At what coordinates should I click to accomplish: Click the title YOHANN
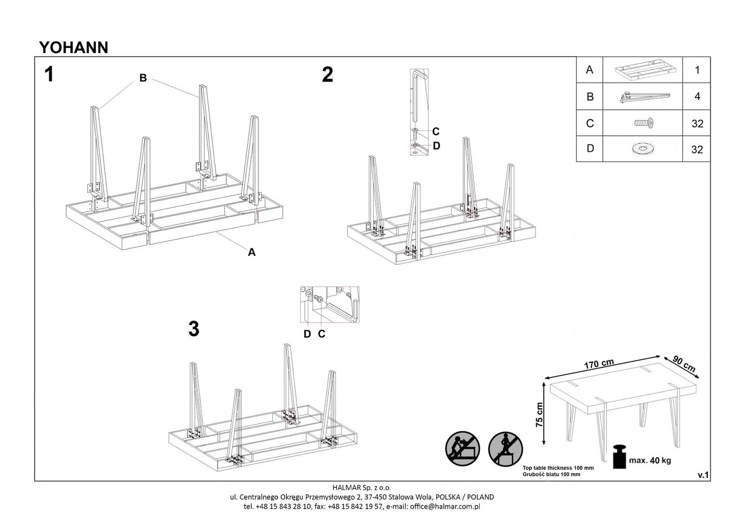[74, 47]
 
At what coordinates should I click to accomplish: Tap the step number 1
[49, 74]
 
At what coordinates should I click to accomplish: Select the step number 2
[327, 75]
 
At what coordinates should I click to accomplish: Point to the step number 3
[194, 329]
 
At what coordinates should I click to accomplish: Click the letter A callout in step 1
[252, 252]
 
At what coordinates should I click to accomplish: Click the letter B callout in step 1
[143, 78]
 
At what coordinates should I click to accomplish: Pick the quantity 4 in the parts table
[697, 97]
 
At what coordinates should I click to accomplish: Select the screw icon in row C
[643, 123]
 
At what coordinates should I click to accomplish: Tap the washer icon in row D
[643, 149]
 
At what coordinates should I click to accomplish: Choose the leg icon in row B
[643, 97]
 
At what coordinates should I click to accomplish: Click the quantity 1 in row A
[697, 70]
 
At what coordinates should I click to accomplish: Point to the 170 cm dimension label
[598, 364]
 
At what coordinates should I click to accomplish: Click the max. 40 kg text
[650, 460]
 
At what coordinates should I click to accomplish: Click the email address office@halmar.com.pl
[445, 506]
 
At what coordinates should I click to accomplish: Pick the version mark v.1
[703, 475]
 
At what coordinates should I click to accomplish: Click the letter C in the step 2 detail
[436, 132]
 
